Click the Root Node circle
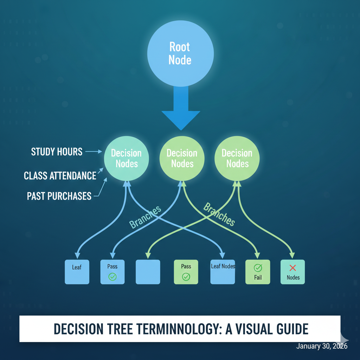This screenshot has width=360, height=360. click(180, 53)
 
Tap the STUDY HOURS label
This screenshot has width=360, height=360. click(57, 152)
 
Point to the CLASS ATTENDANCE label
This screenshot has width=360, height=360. click(60, 175)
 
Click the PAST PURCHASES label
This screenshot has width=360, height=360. click(59, 196)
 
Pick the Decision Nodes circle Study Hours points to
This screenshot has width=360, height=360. click(126, 158)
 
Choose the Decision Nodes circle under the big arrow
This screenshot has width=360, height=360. click(182, 158)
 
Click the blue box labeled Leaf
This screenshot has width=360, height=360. click(77, 272)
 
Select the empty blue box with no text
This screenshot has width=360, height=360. click(148, 272)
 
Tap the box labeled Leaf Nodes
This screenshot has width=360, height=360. click(223, 272)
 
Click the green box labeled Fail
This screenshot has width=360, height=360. click(257, 272)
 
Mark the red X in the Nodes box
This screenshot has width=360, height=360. click(292, 268)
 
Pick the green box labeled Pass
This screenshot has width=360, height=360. click(186, 272)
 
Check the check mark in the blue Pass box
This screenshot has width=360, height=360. click(112, 277)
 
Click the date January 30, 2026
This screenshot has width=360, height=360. click(322, 346)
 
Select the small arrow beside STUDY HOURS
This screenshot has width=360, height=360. click(93, 152)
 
